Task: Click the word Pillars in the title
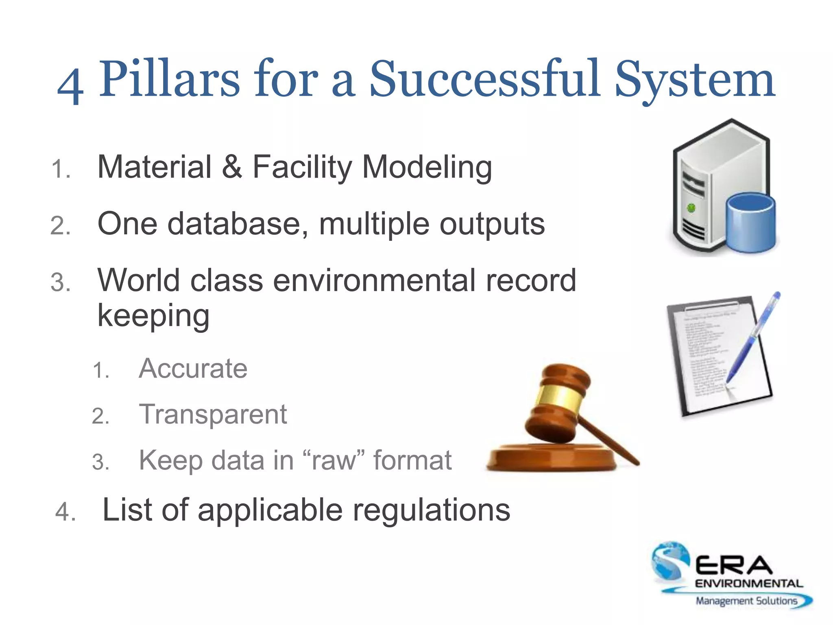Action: pos(169,79)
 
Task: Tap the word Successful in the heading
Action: pos(484,79)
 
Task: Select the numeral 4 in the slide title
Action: pos(71,85)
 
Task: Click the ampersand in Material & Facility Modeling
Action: pos(232,167)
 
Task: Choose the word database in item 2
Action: pos(238,224)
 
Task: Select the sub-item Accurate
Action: pos(193,369)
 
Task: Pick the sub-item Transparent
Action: pos(213,414)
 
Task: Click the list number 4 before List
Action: pos(65,511)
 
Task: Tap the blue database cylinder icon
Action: pos(750,224)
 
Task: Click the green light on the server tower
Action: pos(691,208)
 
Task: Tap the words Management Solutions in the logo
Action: pos(746,601)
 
